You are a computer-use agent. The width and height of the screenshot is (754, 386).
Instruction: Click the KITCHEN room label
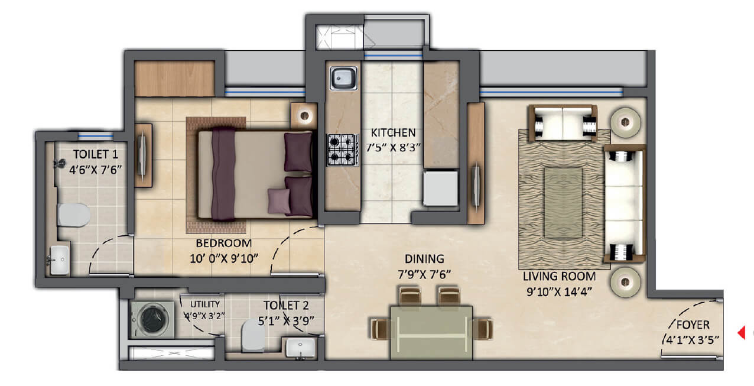pyautogui.click(x=393, y=133)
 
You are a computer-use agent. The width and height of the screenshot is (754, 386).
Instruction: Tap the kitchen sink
pyautogui.click(x=343, y=78)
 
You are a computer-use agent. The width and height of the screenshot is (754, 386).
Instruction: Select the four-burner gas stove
pyautogui.click(x=343, y=150)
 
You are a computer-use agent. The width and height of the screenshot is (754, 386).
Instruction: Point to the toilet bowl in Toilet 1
pyautogui.click(x=73, y=215)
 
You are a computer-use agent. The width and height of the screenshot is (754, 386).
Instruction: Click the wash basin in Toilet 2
pyautogui.click(x=301, y=348)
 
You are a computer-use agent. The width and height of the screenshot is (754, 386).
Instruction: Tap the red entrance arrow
pyautogui.click(x=741, y=333)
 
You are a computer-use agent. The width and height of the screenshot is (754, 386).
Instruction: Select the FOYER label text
pyautogui.click(x=693, y=325)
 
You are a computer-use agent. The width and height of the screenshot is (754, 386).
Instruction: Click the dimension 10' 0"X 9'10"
pyautogui.click(x=224, y=259)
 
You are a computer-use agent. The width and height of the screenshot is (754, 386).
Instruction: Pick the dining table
pyautogui.click(x=431, y=332)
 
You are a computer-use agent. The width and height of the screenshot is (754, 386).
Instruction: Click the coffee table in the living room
pyautogui.click(x=563, y=203)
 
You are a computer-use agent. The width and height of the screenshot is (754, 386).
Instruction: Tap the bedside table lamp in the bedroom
pyautogui.click(x=304, y=116)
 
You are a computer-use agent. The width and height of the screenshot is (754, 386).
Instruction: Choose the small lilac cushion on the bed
pyautogui.click(x=279, y=201)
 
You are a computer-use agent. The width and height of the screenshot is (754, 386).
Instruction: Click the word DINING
pyautogui.click(x=424, y=259)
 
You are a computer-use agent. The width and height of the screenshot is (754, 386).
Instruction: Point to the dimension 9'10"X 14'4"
pyautogui.click(x=559, y=291)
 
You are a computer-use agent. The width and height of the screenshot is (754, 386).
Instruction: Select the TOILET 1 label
pyautogui.click(x=96, y=154)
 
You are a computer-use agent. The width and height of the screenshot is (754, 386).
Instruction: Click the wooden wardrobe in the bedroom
pyautogui.click(x=174, y=79)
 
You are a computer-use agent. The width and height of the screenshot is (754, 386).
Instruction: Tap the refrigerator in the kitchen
pyautogui.click(x=441, y=189)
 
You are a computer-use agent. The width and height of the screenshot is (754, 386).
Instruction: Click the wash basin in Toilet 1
pyautogui.click(x=60, y=260)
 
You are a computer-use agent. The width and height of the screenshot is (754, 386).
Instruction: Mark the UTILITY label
pyautogui.click(x=204, y=304)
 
